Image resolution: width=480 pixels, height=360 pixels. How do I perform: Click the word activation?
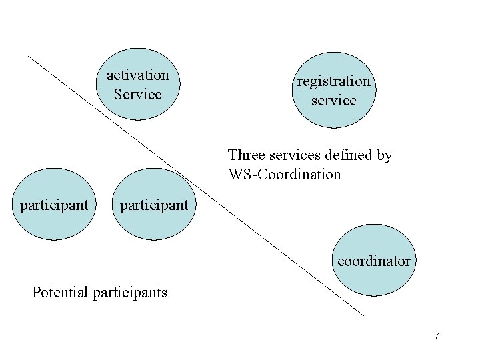[138, 75]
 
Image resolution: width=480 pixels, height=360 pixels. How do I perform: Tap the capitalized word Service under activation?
[138, 94]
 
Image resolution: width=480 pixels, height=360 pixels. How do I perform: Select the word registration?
[333, 81]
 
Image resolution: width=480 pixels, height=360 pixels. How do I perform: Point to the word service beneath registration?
[333, 101]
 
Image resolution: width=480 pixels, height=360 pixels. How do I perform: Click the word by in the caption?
[384, 156]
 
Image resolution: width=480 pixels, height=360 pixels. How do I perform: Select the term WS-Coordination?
[284, 175]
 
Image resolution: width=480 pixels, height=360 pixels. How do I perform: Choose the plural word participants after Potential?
[131, 292]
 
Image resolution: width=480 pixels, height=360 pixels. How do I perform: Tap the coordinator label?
[374, 261]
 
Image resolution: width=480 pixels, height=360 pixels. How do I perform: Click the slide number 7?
[437, 336]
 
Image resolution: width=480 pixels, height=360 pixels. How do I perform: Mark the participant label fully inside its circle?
[54, 205]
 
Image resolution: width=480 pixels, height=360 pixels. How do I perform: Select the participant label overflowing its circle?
[154, 205]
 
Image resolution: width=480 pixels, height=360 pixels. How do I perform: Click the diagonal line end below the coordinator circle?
[363, 314]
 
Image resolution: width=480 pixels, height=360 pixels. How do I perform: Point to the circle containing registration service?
[333, 113]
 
